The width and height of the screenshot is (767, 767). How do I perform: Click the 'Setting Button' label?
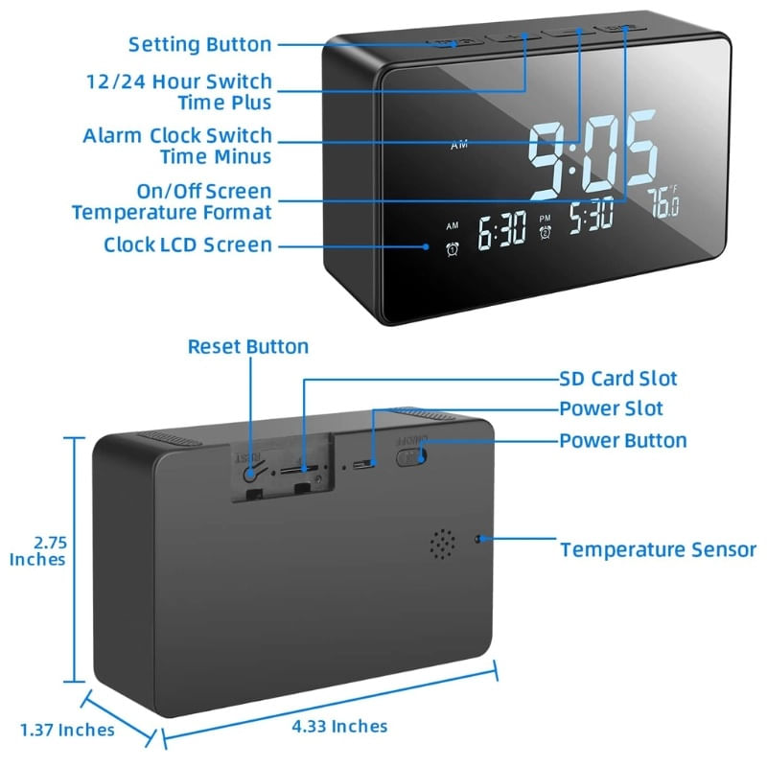(199, 44)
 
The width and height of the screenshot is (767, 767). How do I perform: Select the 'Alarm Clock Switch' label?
(177, 136)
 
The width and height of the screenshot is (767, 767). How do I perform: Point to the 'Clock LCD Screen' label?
(188, 245)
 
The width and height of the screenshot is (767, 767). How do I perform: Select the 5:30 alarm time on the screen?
(591, 218)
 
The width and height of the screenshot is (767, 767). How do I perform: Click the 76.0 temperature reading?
(663, 202)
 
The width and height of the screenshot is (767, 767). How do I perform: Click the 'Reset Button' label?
(247, 347)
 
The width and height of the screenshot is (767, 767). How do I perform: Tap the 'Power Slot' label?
(611, 409)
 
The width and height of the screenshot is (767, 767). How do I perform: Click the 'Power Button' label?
(623, 441)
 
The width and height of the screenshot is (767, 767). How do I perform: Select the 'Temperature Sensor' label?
(658, 550)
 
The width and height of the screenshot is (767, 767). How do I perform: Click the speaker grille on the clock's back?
(441, 544)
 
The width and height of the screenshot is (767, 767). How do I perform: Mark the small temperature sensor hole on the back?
(477, 539)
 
